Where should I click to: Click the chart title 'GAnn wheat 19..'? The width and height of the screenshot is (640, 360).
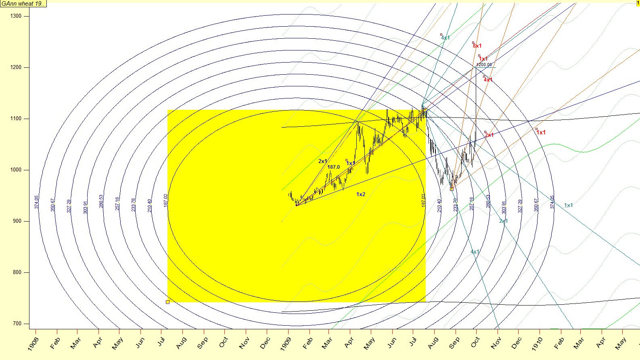click(23, 4)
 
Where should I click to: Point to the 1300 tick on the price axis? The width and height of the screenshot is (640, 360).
click(16, 16)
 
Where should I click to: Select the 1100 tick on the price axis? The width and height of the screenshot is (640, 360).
click(16, 119)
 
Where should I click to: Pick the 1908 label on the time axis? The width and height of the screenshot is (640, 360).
click(33, 344)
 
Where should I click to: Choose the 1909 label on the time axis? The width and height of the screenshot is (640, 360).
click(286, 344)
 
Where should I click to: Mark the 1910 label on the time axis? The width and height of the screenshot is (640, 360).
click(537, 344)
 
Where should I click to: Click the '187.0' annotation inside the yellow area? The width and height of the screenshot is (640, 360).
click(333, 167)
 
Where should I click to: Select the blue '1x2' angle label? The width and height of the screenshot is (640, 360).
click(361, 195)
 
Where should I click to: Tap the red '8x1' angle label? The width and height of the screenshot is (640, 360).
click(477, 46)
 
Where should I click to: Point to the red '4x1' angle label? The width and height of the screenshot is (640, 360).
click(488, 80)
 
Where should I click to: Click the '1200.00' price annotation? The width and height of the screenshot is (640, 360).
click(484, 65)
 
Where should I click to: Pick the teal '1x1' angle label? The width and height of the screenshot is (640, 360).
click(568, 205)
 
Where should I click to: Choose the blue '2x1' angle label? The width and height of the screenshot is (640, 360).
click(323, 161)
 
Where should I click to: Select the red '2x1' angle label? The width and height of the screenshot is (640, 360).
click(489, 135)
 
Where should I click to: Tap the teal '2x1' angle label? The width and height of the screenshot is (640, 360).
click(504, 221)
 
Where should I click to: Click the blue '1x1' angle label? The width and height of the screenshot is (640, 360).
click(351, 163)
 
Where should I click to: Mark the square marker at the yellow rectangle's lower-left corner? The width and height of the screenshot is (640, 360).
click(167, 302)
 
